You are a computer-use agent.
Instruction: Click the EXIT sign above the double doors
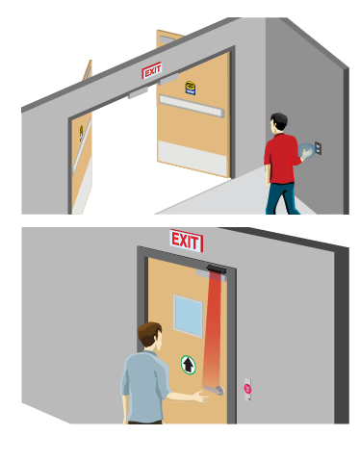coord(152,70)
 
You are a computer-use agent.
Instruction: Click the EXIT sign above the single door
coord(186,241)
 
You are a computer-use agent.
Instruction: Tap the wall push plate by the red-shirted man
coord(318,148)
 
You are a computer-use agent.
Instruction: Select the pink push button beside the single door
coord(247,389)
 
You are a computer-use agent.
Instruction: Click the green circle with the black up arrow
coord(188,365)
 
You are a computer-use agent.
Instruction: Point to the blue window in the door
coord(188,316)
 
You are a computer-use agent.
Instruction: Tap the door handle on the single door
coord(215,390)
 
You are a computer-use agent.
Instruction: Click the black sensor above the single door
coord(217,269)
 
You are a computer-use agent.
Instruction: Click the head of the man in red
coord(278,122)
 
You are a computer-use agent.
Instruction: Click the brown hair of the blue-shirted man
coord(149,332)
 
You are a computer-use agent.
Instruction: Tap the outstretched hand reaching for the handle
coord(201,397)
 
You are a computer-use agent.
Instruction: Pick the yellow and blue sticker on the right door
coord(191,88)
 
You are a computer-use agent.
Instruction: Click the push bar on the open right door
coord(192,106)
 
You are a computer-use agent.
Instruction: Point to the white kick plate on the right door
coord(193,159)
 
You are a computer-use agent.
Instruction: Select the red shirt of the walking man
coord(281,159)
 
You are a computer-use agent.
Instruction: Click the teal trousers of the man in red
coord(282,198)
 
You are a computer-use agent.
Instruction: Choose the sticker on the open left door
coord(81,133)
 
